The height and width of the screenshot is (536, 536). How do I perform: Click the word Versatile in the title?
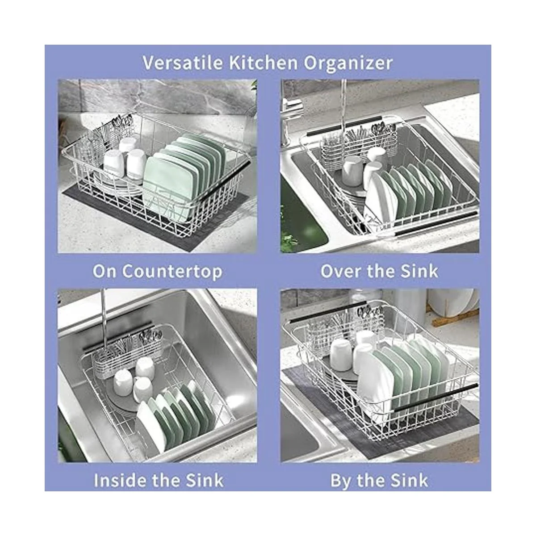coord(183,63)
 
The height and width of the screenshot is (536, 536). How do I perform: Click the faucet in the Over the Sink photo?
coord(291,111)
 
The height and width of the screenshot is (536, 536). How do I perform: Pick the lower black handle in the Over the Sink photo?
coord(436,223)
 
